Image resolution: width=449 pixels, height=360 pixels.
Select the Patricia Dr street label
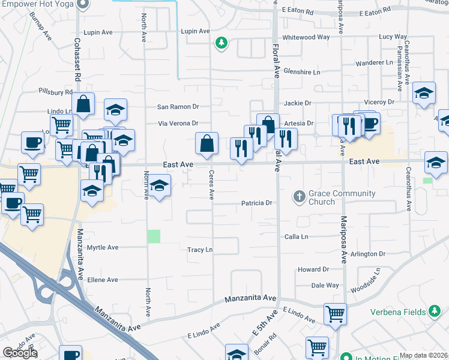pyautogui.click(x=257, y=203)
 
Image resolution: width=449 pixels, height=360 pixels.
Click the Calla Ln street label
pyautogui.click(x=296, y=237)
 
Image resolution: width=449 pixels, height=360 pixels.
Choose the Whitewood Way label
pyautogui.click(x=306, y=37)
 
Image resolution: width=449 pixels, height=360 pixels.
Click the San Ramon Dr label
pyautogui.click(x=178, y=107)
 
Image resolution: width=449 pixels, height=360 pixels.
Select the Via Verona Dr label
pyautogui.click(x=178, y=124)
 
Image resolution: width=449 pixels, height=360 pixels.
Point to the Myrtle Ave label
pyautogui.click(x=103, y=247)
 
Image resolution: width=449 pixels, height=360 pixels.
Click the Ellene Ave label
pyautogui.click(x=103, y=280)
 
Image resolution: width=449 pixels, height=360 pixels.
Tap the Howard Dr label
pyautogui.click(x=313, y=270)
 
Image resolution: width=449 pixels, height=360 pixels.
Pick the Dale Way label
pyautogui.click(x=325, y=286)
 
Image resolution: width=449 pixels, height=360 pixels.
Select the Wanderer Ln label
pyautogui.click(x=374, y=62)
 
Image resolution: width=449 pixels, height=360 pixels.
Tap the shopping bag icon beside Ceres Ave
pyautogui.click(x=206, y=144)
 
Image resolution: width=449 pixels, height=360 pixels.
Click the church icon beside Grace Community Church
pyautogui.click(x=299, y=196)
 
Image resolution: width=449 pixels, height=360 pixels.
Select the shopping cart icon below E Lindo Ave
pyautogui.click(x=335, y=313)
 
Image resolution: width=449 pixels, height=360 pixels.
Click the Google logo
pyautogui.click(x=20, y=353)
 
